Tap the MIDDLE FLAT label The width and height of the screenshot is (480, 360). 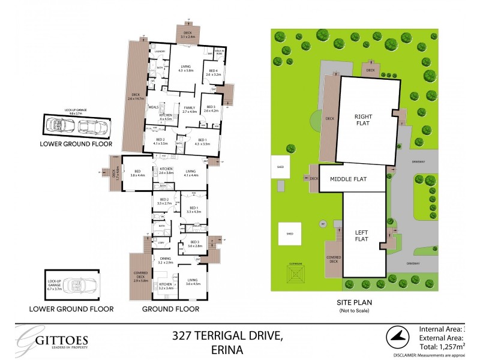tap(352, 179)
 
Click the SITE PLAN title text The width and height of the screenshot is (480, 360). tap(353, 304)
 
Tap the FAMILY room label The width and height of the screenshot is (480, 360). tap(190, 109)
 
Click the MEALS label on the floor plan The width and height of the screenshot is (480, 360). tap(152, 108)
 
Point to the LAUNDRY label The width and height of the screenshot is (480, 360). tap(160, 52)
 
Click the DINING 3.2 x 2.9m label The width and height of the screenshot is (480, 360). tap(165, 260)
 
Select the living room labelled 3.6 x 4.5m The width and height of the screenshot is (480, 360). tap(193, 282)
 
